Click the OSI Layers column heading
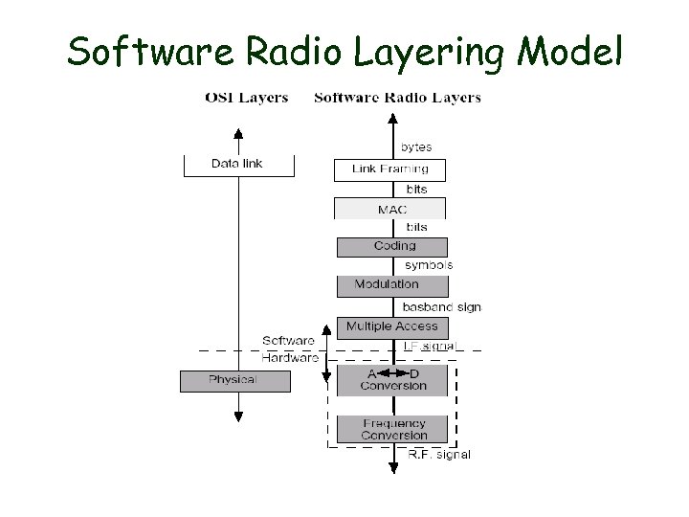point(247,98)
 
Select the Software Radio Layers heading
point(397,98)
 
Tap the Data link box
point(237,165)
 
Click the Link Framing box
point(389,169)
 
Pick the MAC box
point(389,209)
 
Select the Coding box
point(392,246)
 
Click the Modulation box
point(391,285)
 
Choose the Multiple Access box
point(392,327)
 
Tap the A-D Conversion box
point(392,380)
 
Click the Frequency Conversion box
point(392,429)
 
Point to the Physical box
point(233,380)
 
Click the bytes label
point(416,147)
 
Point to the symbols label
point(428,265)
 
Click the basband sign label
point(441,307)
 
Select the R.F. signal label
point(439,455)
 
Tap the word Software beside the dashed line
point(289,341)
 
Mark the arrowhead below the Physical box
point(238,416)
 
